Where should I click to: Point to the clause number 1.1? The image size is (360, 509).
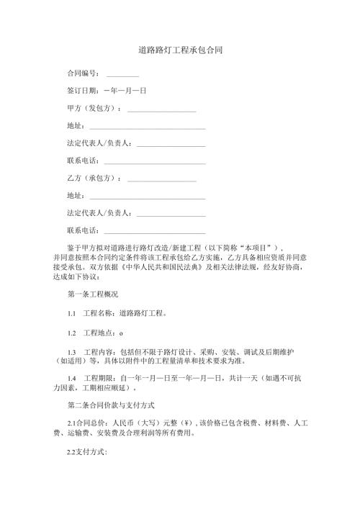[x=71, y=314]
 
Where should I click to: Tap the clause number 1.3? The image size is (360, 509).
[x=71, y=351]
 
